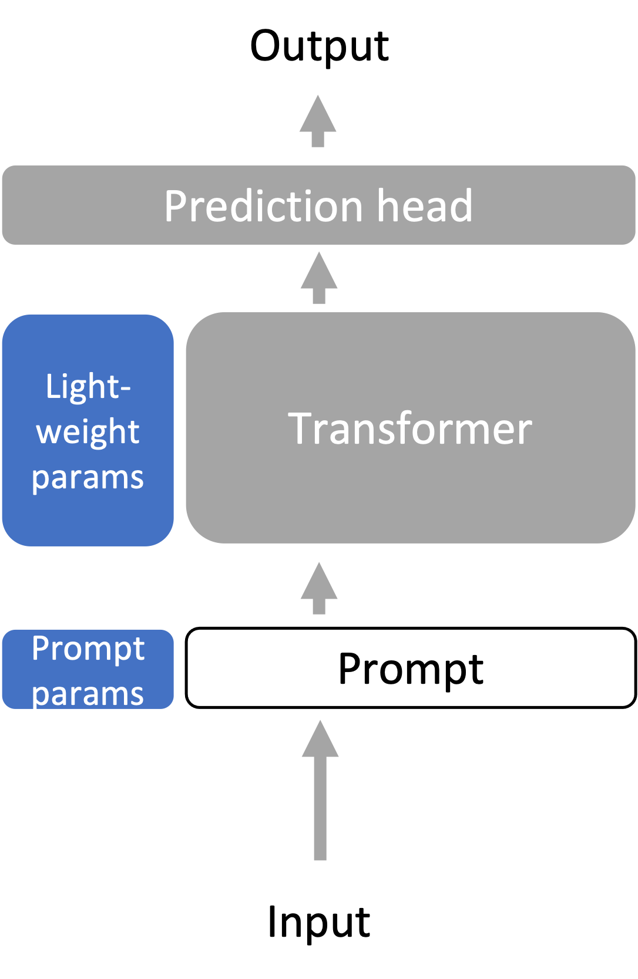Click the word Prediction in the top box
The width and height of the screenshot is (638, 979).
click(x=263, y=207)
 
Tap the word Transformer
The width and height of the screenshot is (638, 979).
click(x=410, y=429)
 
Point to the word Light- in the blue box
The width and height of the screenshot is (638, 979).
click(x=88, y=387)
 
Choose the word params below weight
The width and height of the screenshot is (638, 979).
click(x=88, y=478)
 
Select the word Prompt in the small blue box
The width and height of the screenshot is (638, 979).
click(x=88, y=649)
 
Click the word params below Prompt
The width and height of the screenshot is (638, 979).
click(x=88, y=694)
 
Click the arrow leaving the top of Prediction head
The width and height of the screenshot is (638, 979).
click(x=318, y=120)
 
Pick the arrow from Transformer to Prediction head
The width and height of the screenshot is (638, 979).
click(x=319, y=277)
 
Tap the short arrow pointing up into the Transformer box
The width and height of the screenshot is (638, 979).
click(x=319, y=588)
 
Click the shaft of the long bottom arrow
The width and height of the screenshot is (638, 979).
click(x=320, y=810)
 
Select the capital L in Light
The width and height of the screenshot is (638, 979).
click(x=53, y=387)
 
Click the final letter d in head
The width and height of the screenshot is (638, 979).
click(x=461, y=207)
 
